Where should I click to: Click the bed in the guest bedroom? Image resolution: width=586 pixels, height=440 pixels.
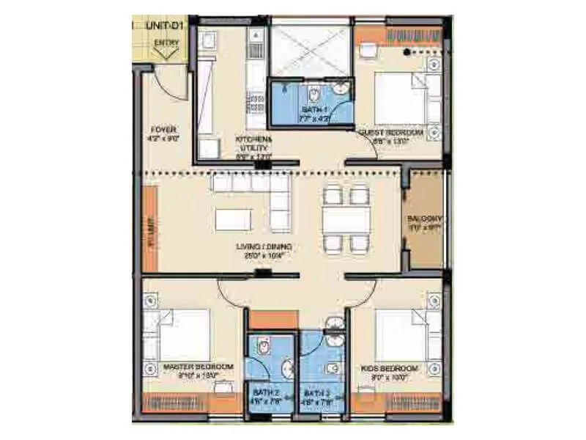click(x=399, y=99)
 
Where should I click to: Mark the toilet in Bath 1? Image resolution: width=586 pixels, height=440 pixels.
click(x=314, y=96)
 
